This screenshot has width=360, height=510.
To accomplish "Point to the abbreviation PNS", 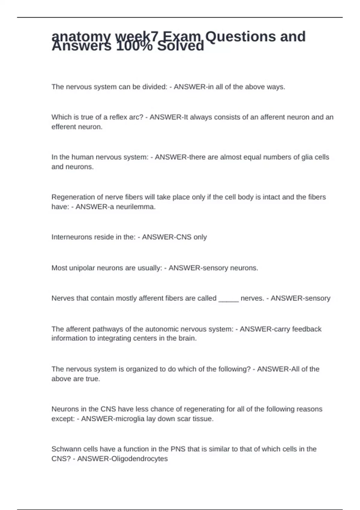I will (x=178, y=449).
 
